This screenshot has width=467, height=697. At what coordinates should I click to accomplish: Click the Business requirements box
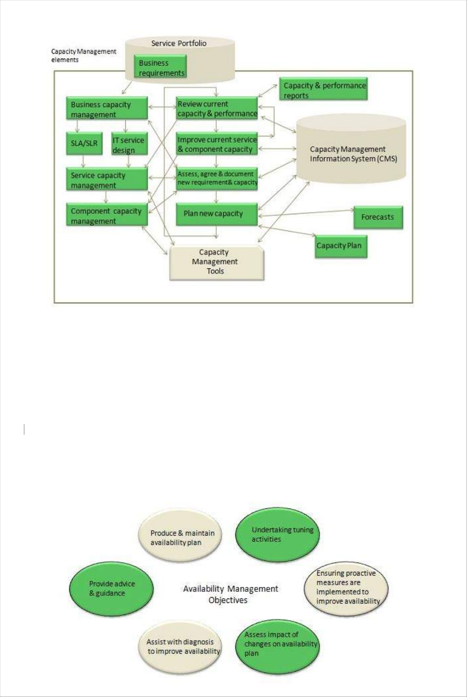coord(160,67)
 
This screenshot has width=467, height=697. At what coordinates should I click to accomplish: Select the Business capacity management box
coord(107,109)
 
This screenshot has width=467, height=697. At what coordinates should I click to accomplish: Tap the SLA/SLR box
coord(84,143)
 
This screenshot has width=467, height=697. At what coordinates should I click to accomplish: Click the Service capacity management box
coord(107,180)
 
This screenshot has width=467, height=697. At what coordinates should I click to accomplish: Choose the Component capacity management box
coord(107,216)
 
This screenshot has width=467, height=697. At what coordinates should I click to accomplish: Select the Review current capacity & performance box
coord(217,109)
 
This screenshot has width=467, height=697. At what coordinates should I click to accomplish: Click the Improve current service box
coord(217,144)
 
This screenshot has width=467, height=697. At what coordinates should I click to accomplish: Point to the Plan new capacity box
coord(217,214)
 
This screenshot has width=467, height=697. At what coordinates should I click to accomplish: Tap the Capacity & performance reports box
coord(323,90)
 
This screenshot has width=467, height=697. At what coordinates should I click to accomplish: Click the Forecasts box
coord(378,217)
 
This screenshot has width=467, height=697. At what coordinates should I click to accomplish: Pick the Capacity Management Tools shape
coord(216,263)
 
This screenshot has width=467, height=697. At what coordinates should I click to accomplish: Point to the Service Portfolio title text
coord(178,43)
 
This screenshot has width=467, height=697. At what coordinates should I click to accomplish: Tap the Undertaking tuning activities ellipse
coord(277,535)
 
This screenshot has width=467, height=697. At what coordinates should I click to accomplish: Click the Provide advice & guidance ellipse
coord(111,588)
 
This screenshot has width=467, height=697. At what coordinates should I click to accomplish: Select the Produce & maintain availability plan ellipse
coord(180,537)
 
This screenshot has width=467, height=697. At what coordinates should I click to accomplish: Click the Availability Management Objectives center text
coord(230,594)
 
